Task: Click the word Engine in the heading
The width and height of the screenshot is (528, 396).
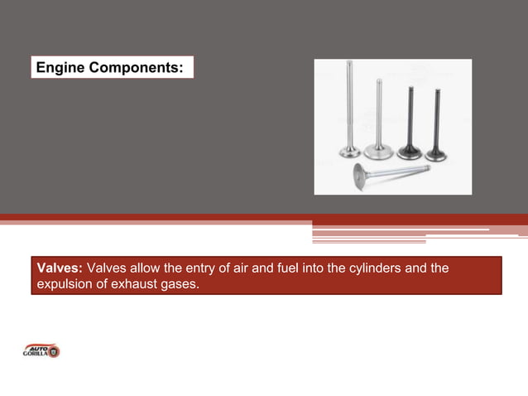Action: (61, 67)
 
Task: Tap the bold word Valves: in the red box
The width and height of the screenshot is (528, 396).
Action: (59, 268)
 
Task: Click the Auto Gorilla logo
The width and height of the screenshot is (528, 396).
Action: (41, 350)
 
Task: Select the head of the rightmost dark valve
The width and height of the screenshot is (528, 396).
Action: (436, 152)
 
